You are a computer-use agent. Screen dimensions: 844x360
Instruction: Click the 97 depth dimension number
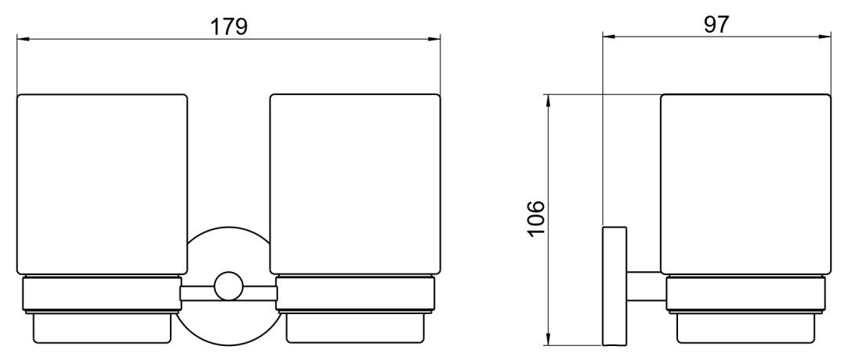pos(716,24)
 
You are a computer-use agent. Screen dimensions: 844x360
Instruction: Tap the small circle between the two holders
pos(229,286)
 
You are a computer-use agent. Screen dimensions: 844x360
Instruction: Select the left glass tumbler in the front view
pos(102,185)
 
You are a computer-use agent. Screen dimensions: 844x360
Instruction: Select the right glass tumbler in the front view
pos(355,184)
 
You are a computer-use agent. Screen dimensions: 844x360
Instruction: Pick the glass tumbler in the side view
pos(746,185)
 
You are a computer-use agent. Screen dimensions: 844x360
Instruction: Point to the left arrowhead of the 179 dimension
pos(23,38)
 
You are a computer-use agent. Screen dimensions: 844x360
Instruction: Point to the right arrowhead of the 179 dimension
pos(435,38)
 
